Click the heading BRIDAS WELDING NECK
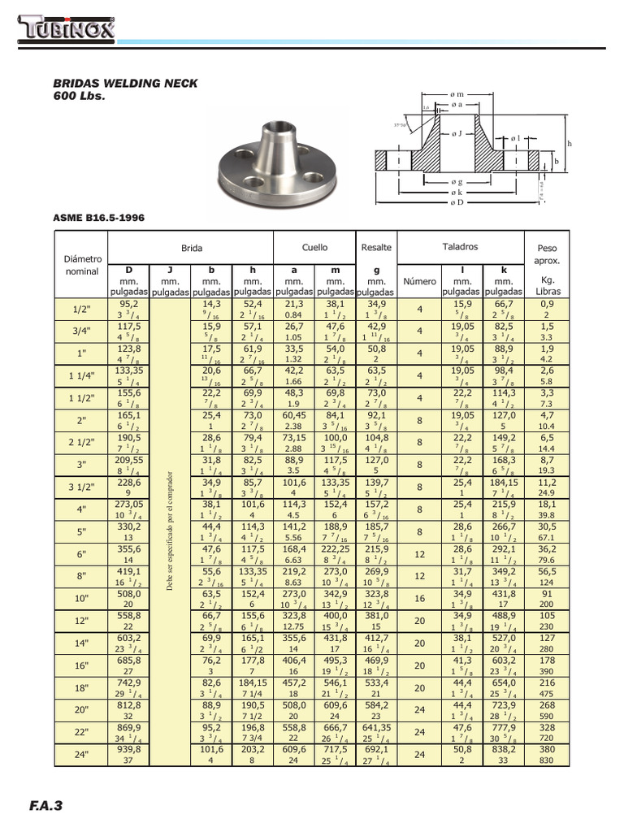(125, 84)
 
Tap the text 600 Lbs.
(80, 97)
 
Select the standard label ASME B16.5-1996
(99, 218)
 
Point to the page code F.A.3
(45, 806)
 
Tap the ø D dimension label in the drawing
(457, 201)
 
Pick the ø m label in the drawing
(457, 95)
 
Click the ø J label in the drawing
(457, 132)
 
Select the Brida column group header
(192, 248)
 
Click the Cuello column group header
(314, 247)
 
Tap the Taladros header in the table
(460, 246)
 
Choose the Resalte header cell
(375, 247)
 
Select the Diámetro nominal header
(81, 264)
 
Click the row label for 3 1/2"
(81, 488)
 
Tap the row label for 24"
(81, 755)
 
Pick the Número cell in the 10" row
(420, 599)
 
